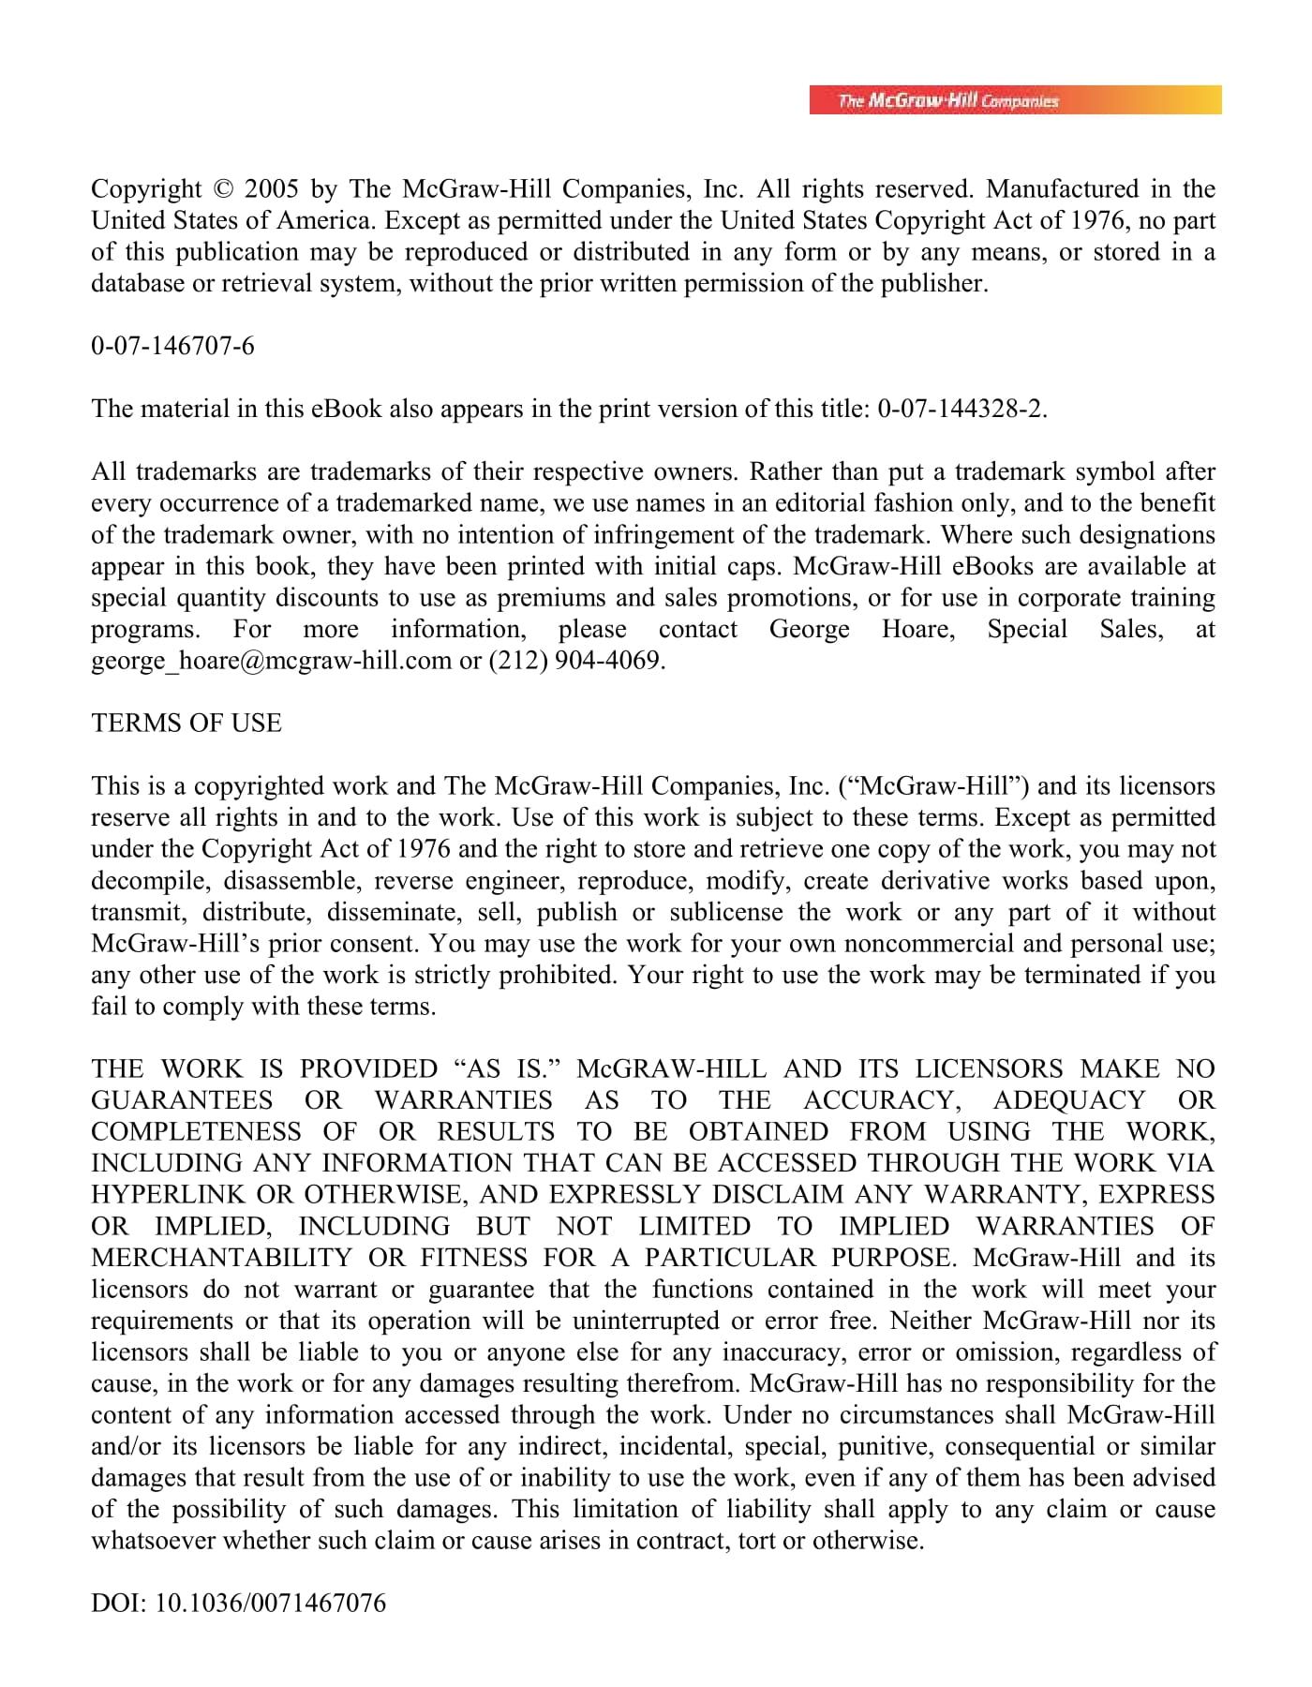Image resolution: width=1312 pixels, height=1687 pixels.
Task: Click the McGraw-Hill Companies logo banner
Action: pos(1015,100)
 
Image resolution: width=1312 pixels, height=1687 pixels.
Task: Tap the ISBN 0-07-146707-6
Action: pos(172,347)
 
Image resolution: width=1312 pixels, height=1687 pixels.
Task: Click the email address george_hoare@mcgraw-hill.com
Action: pos(271,661)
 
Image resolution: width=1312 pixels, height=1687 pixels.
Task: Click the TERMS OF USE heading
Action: pos(186,724)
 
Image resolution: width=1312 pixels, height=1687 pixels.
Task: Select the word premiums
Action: pos(548,598)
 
